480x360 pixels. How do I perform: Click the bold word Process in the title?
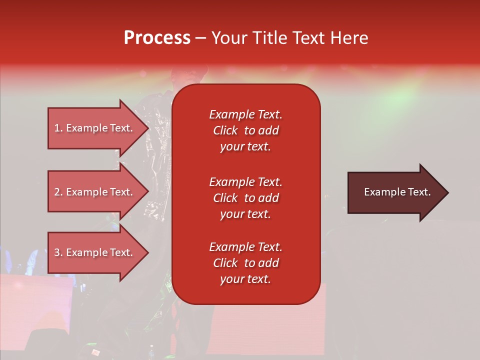[x=157, y=37]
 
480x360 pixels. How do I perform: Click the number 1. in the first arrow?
[x=58, y=128]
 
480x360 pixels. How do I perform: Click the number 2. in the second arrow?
[x=58, y=192]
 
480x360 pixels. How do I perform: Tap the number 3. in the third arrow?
[x=58, y=252]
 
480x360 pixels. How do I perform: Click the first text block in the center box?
[x=245, y=130]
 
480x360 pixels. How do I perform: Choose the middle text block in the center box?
[x=245, y=198]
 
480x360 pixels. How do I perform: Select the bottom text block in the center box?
[x=245, y=263]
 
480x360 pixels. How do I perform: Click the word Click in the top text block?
[x=225, y=130]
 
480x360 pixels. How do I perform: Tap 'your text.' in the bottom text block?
[x=245, y=279]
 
